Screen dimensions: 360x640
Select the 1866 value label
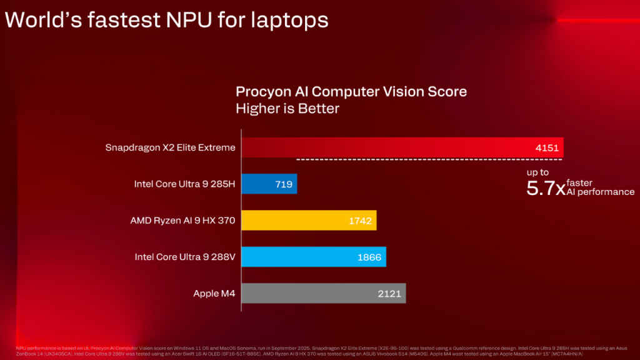point(369,257)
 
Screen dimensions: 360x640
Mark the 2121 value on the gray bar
point(389,293)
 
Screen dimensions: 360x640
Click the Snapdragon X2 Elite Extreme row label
point(171,147)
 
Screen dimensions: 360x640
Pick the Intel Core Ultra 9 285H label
point(185,184)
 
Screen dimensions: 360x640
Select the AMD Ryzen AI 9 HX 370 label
point(182,220)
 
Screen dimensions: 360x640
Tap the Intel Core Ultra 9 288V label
point(185,257)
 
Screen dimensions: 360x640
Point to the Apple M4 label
point(214,293)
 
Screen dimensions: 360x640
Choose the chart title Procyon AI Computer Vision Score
point(351,91)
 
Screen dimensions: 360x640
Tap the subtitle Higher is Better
point(287,109)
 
